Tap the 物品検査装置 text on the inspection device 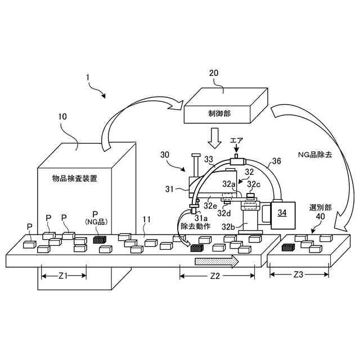point(74,179)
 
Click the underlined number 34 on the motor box point(281,212)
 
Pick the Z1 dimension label point(64,276)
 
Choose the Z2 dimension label point(215,276)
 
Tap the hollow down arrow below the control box point(216,137)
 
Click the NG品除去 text point(314,154)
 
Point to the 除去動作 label point(194,226)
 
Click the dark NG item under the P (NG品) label point(99,239)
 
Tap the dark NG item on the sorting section point(288,246)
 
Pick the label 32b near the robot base point(227,227)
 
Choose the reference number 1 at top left point(86,77)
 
